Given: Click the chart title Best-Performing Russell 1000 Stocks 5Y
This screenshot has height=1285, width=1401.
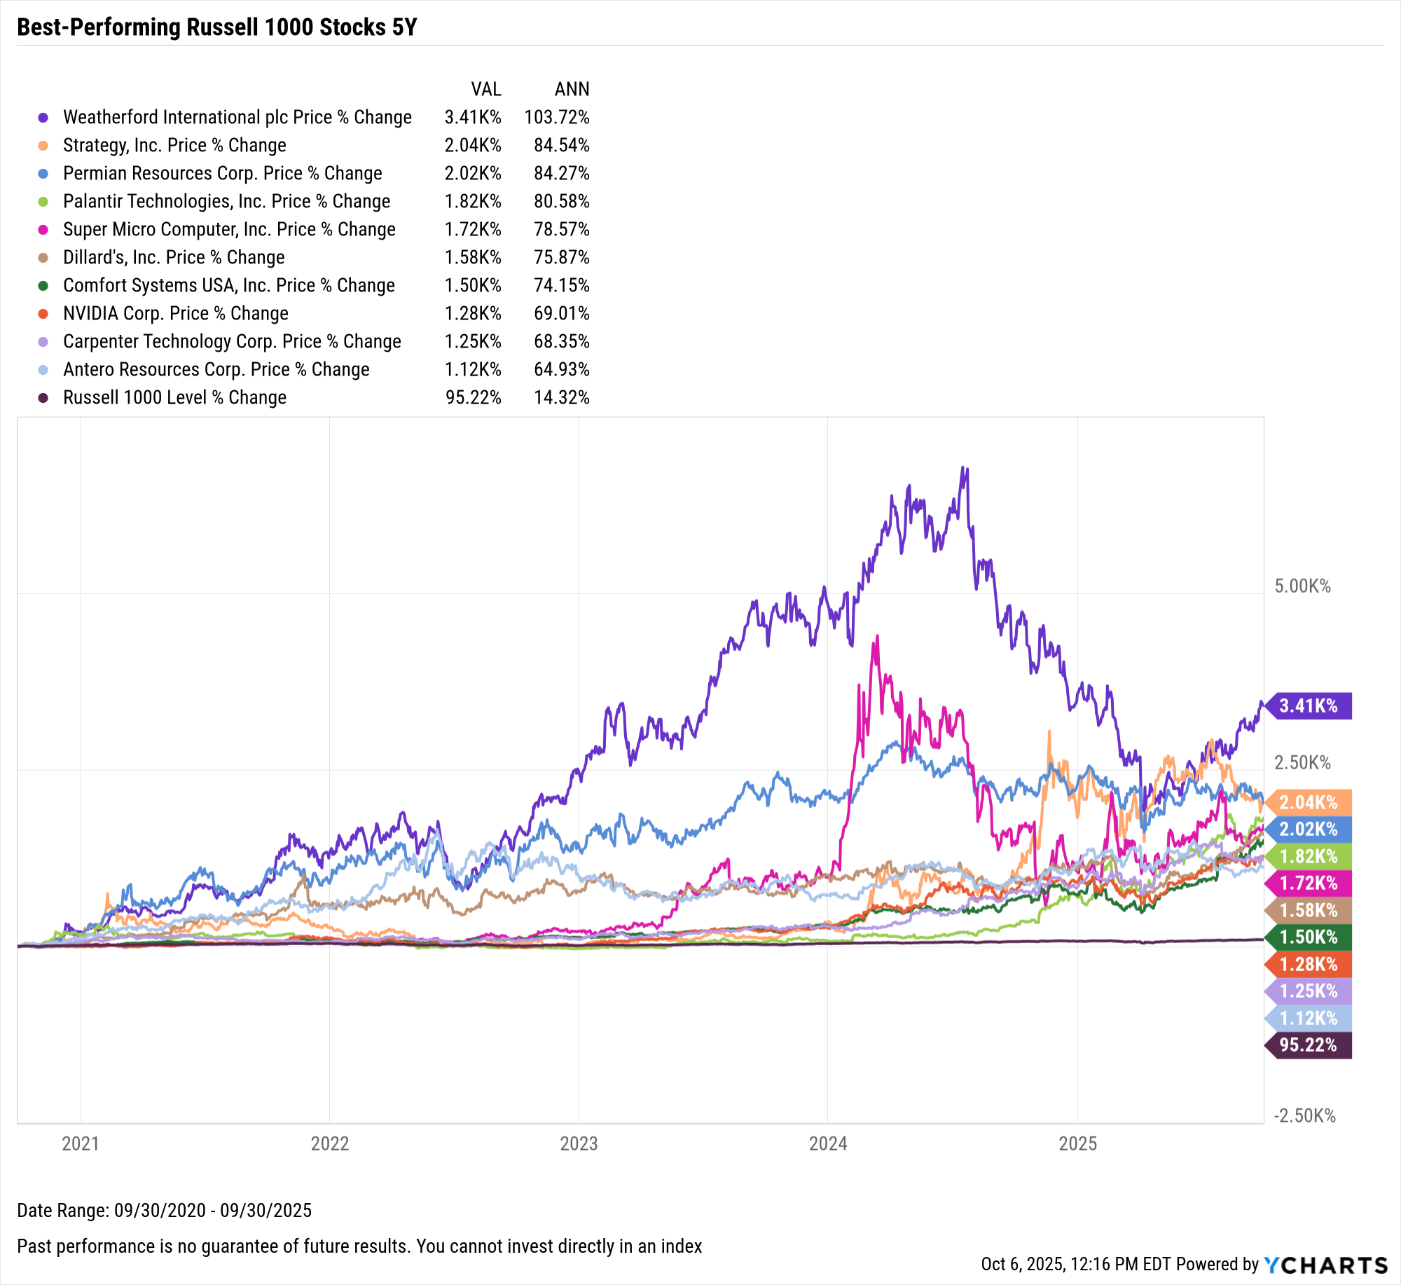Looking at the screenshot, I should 217,27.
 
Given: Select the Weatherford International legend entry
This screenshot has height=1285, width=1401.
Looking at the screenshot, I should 237,117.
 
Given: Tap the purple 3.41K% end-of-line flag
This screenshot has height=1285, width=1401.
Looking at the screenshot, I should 1309,706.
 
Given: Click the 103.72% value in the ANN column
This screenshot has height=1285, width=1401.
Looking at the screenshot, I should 557,117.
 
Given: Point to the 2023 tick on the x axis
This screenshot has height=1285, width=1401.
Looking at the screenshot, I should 579,1144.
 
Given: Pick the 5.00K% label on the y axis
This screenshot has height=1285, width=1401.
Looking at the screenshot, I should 1302,586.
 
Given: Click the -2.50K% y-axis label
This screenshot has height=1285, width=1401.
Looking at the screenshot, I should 1304,1116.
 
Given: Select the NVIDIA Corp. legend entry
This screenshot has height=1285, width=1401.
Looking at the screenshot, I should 175,313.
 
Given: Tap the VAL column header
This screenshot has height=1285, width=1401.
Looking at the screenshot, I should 486,89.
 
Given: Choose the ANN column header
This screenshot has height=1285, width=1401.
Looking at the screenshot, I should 572,89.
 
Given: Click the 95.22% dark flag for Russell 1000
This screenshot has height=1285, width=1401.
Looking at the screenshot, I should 1309,1045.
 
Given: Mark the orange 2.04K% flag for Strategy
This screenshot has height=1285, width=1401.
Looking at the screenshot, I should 1309,802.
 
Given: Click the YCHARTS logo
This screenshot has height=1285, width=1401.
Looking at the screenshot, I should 1325,1265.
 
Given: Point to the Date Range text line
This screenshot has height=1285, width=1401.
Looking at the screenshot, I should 164,1210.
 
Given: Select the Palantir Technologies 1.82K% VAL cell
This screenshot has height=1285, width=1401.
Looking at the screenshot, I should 473,201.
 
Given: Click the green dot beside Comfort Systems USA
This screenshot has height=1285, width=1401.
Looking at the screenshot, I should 43,286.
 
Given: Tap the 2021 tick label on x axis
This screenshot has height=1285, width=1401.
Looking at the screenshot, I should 81,1144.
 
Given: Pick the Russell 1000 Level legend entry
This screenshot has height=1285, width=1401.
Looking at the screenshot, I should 174,397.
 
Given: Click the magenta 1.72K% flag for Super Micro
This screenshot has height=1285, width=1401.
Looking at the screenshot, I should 1309,883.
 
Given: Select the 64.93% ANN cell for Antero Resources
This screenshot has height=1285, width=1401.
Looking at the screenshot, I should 561,369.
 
